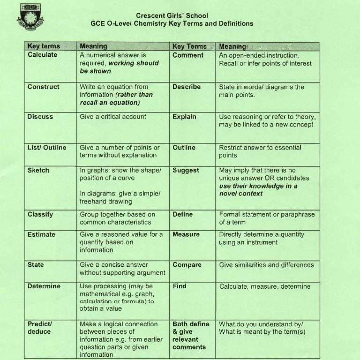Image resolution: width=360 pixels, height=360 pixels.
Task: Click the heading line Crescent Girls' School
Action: tap(172, 15)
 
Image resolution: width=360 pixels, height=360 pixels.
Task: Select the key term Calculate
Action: tap(43, 55)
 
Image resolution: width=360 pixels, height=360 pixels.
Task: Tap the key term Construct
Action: tap(44, 87)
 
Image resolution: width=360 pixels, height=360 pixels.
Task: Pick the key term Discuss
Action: tap(40, 117)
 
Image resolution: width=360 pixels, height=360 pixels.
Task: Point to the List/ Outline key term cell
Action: tap(47, 147)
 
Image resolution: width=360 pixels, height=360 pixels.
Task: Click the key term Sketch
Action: tap(38, 170)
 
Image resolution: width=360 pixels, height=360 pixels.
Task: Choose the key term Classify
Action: tap(40, 214)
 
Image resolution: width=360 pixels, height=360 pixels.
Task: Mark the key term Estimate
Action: tap(41, 234)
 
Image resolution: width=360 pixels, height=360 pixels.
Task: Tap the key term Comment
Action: tap(188, 55)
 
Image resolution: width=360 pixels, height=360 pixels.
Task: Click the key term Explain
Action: tap(184, 117)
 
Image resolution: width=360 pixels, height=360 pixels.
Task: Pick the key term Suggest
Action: tap(186, 170)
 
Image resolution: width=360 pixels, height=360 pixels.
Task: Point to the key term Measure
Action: tap(186, 234)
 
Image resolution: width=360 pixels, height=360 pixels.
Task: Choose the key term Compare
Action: tap(187, 265)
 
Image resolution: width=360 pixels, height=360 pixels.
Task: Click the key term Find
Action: tap(180, 286)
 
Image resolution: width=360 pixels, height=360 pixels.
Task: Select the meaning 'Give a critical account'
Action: tap(113, 117)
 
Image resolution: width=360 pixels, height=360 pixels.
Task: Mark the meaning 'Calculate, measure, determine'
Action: tap(265, 286)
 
